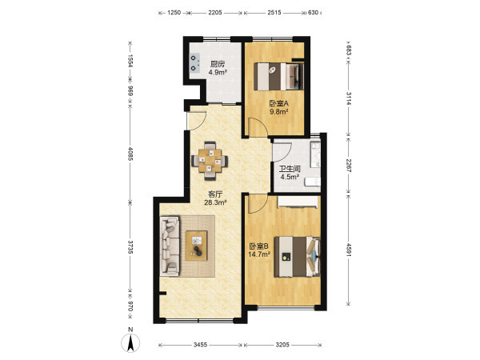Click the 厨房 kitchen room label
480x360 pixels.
(218, 64)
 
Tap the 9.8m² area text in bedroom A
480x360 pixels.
(279, 112)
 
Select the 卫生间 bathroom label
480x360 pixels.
(290, 169)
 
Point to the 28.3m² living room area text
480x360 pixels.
(215, 202)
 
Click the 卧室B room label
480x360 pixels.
(259, 246)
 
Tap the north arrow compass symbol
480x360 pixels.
(130, 342)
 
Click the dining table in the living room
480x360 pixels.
(210, 161)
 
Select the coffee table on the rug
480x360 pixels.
(197, 246)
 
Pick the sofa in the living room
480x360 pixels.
(170, 246)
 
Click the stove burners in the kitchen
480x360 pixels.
(194, 62)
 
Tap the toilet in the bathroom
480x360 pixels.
(312, 182)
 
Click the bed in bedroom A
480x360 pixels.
(279, 76)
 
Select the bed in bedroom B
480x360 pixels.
(297, 257)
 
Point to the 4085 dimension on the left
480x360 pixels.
(130, 154)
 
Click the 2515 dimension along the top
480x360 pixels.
(274, 13)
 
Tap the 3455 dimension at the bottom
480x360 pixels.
(201, 345)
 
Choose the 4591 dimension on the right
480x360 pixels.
(349, 249)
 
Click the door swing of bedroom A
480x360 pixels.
(258, 126)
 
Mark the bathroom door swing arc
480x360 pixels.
(282, 152)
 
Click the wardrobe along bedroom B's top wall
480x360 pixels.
(298, 202)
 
